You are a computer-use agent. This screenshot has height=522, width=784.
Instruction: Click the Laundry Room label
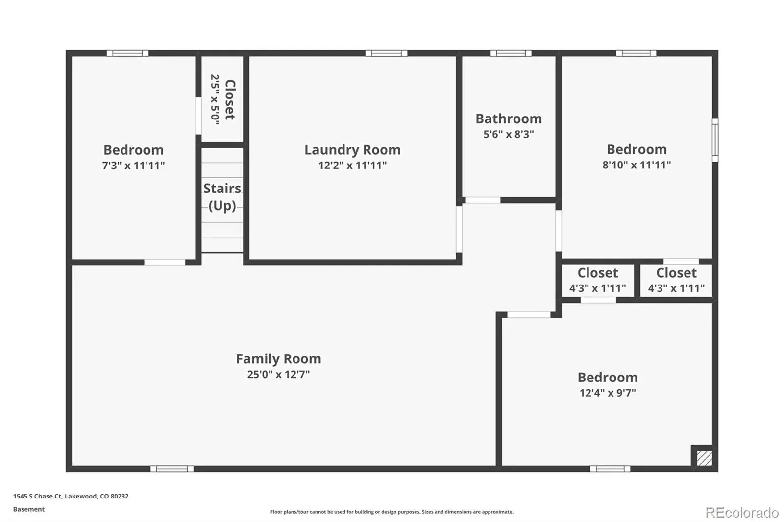coord(352,150)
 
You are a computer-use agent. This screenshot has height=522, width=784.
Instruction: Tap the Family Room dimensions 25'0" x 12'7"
coord(279,374)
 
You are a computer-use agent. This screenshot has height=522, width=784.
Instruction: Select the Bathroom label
coord(509,119)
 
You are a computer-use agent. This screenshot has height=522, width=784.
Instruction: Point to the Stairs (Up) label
coord(222,197)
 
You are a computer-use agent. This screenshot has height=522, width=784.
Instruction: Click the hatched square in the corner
coord(704,458)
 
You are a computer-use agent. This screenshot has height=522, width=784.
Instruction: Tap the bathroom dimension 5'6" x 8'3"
coord(509,134)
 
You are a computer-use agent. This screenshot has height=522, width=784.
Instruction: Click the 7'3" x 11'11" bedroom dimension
coord(133,165)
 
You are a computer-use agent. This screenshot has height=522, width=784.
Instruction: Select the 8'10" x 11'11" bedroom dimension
coord(637,165)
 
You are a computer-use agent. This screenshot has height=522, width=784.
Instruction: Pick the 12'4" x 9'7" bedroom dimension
coord(608,393)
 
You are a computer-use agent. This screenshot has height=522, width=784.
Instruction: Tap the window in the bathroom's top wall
coord(511,53)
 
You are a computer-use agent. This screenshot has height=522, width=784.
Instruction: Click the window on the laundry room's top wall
coord(387,53)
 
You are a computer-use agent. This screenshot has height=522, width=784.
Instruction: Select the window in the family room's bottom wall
coord(172,469)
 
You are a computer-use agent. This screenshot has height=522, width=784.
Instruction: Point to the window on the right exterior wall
coord(715,140)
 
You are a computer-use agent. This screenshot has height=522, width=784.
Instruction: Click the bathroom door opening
coord(483,200)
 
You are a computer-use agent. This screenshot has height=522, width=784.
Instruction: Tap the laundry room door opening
coord(459,229)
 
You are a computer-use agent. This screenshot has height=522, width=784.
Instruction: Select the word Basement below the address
coord(29,509)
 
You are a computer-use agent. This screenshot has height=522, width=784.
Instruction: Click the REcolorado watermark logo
coord(742,513)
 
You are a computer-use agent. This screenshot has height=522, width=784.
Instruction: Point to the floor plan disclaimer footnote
coord(392,512)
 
